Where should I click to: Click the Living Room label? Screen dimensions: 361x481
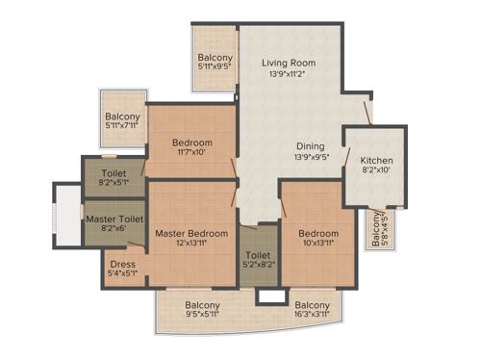(x=289, y=64)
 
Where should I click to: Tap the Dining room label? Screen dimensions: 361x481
(x=310, y=145)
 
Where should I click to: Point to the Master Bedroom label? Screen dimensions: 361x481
(x=191, y=234)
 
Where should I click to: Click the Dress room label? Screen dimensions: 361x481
(x=122, y=264)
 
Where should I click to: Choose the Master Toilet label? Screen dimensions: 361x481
(x=114, y=219)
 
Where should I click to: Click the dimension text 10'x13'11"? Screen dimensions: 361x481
(x=317, y=245)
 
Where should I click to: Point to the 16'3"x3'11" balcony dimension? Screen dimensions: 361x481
(x=313, y=313)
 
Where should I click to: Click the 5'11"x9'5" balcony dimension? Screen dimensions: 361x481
(x=215, y=67)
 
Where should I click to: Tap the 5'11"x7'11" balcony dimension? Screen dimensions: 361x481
(x=123, y=125)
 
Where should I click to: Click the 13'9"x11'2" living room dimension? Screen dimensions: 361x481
(x=289, y=74)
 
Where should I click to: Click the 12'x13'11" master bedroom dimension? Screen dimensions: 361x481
(x=191, y=245)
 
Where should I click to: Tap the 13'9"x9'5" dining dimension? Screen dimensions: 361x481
(x=310, y=157)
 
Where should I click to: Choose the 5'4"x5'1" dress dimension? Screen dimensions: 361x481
(x=122, y=274)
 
